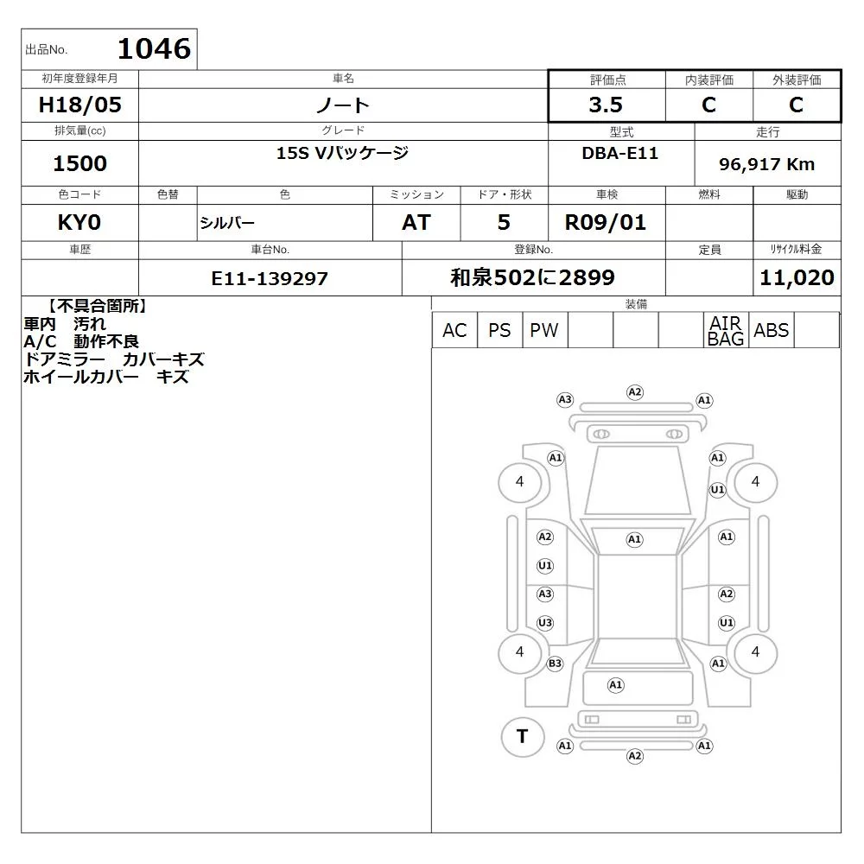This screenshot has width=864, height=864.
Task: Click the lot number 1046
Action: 155,48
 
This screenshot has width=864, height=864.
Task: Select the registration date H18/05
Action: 79,105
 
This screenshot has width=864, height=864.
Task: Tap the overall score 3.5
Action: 606,105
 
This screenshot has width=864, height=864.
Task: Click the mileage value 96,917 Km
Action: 766,164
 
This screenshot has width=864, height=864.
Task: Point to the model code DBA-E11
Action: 619,153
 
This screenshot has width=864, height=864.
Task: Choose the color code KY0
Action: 79,223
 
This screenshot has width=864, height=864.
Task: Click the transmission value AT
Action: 416,223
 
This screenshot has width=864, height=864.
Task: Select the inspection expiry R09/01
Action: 606,223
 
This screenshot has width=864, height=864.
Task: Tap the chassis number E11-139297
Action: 270,278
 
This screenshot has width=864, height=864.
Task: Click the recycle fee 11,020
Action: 797,277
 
